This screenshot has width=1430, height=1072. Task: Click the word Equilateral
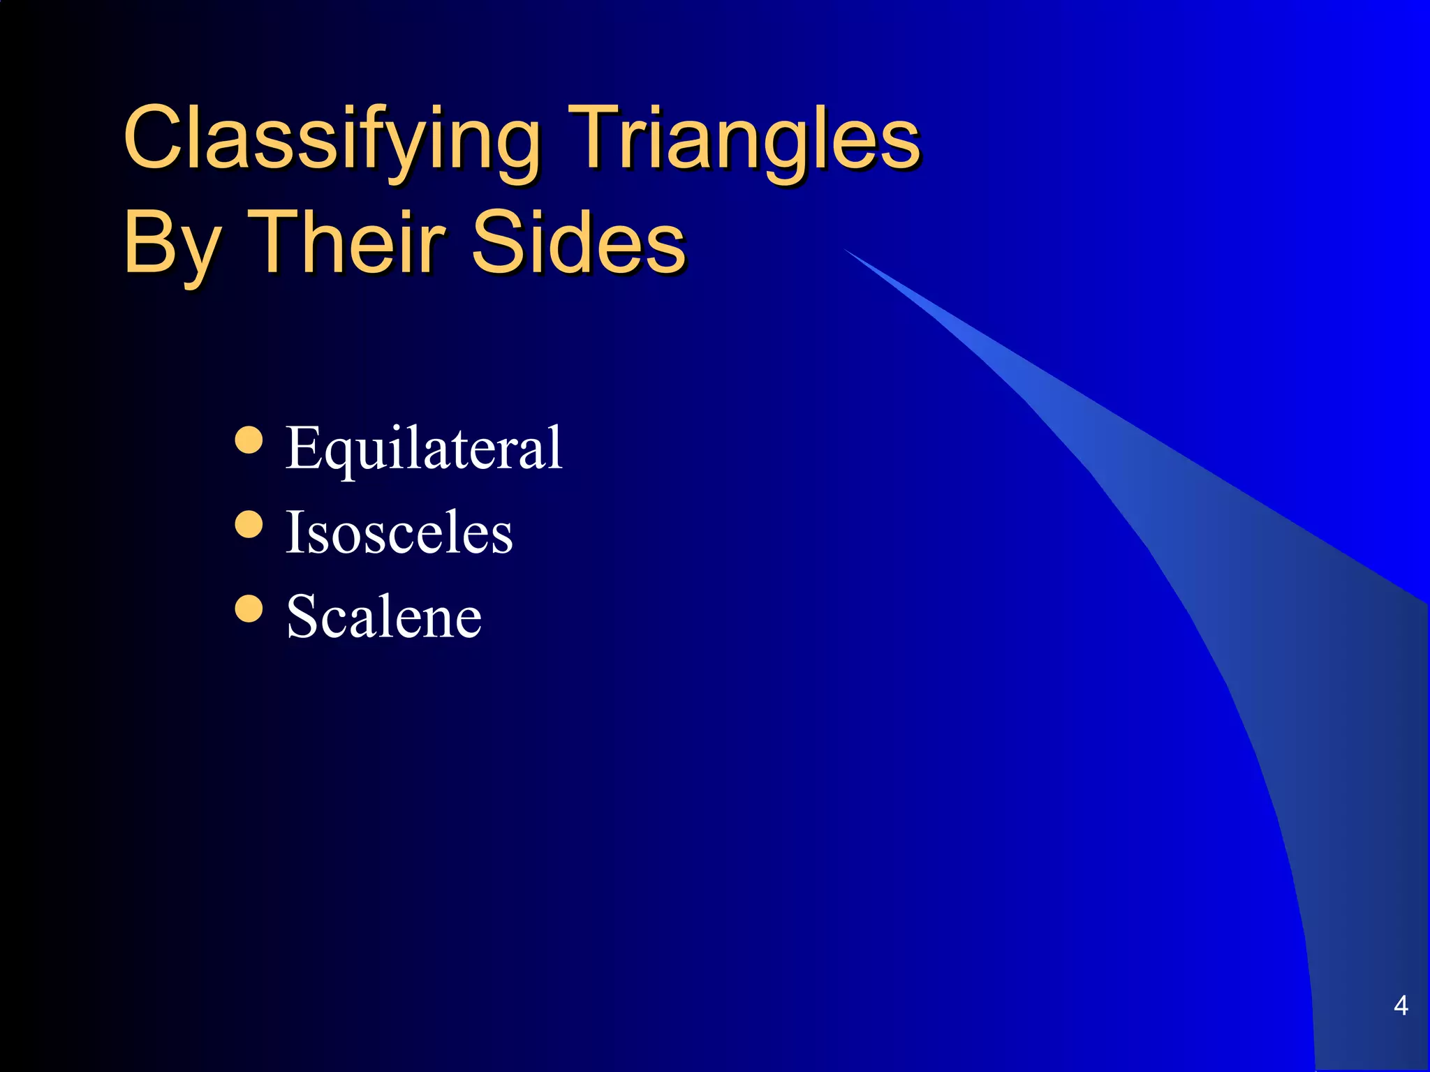coord(424,449)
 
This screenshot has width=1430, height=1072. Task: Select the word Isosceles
coord(399,533)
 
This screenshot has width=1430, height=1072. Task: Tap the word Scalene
coord(384,617)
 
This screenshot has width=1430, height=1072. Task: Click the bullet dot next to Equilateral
coord(249,440)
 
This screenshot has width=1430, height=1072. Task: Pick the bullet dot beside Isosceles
coord(249,525)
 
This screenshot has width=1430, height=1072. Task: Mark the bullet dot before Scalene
coord(249,608)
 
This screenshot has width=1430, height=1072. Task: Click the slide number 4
coord(1401,1006)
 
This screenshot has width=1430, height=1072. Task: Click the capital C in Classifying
coord(156,137)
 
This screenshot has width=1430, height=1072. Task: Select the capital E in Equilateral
coord(302,447)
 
